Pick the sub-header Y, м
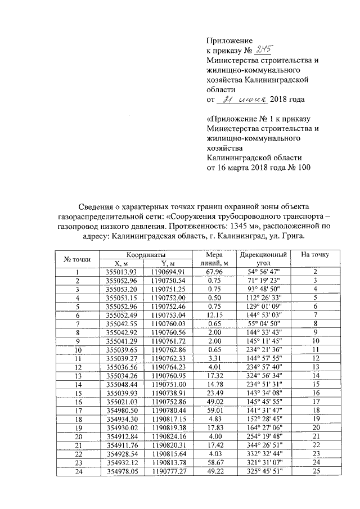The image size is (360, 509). (169, 263)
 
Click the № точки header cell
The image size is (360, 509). (78, 259)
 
